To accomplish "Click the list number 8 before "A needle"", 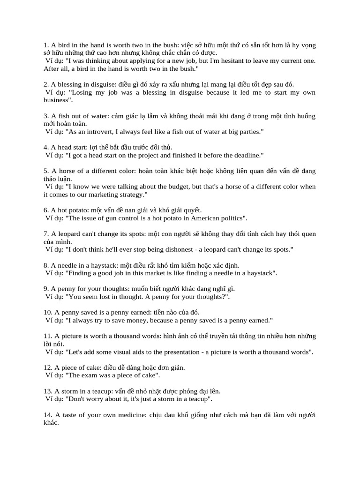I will coord(46,265).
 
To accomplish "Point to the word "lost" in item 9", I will coord(109,297).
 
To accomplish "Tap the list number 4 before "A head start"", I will coord(46,147).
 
